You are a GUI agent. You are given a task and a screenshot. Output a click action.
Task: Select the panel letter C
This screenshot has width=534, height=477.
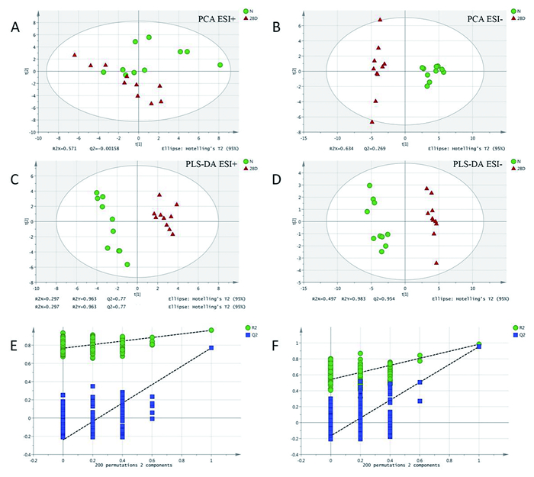[x=14, y=180]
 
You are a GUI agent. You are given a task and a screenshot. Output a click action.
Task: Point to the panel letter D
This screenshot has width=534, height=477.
[x=275, y=180]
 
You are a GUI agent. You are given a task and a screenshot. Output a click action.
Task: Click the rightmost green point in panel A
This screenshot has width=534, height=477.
[x=220, y=66]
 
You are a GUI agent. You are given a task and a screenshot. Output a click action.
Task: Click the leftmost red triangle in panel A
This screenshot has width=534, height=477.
[x=75, y=55]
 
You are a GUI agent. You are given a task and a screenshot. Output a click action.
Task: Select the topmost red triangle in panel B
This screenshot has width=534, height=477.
[x=380, y=20]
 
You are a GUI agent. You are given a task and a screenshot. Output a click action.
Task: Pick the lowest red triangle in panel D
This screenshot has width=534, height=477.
[x=436, y=263]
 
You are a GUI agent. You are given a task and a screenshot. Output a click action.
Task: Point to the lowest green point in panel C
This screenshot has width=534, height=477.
[x=127, y=264]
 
